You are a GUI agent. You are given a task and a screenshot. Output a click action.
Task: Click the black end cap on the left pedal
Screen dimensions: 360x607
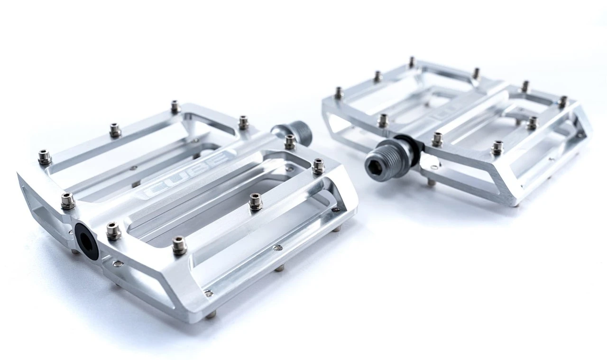point(86,240)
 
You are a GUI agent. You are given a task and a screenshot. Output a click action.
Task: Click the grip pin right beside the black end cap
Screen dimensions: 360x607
point(113,231)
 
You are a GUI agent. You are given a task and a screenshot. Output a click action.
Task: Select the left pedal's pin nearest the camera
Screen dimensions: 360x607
point(179,245)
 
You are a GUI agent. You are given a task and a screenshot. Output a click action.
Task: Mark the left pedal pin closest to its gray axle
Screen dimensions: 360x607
point(290,141)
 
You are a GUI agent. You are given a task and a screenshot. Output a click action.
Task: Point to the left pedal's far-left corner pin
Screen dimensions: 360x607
point(45,156)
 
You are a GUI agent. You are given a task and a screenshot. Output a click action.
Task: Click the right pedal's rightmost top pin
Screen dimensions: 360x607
point(562,102)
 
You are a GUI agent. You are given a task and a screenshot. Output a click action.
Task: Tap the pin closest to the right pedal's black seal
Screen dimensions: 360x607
point(437,138)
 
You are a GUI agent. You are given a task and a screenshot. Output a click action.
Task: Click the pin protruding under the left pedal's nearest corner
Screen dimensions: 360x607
point(212,314)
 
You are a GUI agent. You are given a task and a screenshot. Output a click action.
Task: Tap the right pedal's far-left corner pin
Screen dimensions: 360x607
point(339,92)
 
